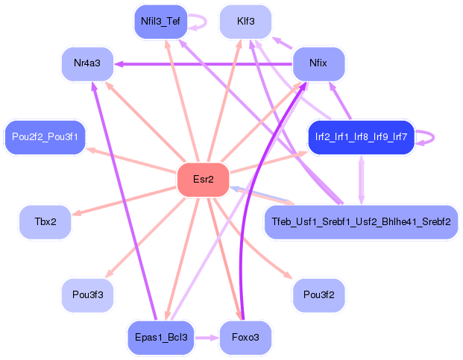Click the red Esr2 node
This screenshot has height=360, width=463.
tap(203, 180)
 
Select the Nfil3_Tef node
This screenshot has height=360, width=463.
tap(160, 22)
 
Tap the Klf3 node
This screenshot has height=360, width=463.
tap(246, 22)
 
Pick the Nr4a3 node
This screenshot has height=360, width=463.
tap(87, 63)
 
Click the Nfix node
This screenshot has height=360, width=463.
tap(318, 63)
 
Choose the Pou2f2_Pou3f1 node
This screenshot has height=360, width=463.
tap(45, 137)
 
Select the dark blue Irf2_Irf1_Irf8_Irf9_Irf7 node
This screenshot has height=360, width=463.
tap(361, 137)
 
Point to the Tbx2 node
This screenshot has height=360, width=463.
tap(45, 222)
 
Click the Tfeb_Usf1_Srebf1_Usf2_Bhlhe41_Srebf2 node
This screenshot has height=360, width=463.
tap(361, 222)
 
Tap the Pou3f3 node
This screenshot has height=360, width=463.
tap(87, 295)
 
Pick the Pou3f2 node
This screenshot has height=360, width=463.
tap(318, 295)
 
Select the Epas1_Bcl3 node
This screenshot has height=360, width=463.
tap(161, 338)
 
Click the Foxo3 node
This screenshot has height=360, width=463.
tap(246, 338)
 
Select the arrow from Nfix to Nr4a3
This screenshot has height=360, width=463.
tap(204, 64)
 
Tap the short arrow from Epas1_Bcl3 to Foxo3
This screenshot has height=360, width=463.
tap(207, 338)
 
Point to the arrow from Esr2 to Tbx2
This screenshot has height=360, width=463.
tap(125, 200)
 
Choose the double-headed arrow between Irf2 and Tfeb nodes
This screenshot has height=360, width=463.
tap(361, 180)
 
